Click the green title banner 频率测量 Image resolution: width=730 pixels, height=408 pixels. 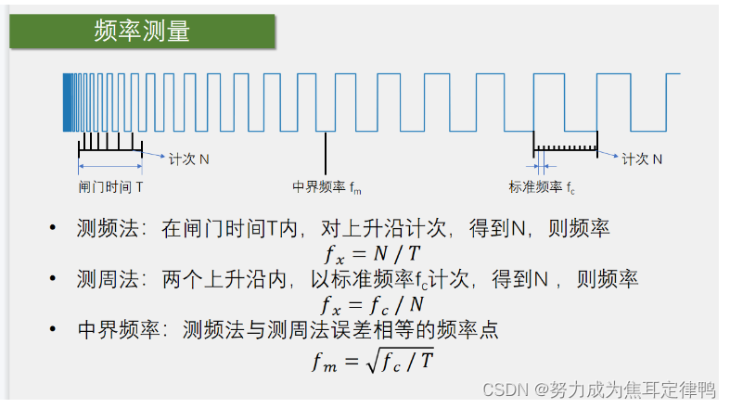[x=143, y=30]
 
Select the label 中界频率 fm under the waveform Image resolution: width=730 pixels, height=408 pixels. [x=327, y=186]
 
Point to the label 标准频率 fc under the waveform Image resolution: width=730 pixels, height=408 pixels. [x=543, y=186]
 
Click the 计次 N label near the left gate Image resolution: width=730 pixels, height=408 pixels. [x=189, y=159]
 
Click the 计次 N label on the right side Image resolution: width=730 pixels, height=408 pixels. [x=642, y=159]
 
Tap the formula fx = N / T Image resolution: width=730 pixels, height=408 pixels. [x=370, y=250]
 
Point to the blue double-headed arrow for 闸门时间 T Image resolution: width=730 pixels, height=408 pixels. [x=109, y=167]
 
